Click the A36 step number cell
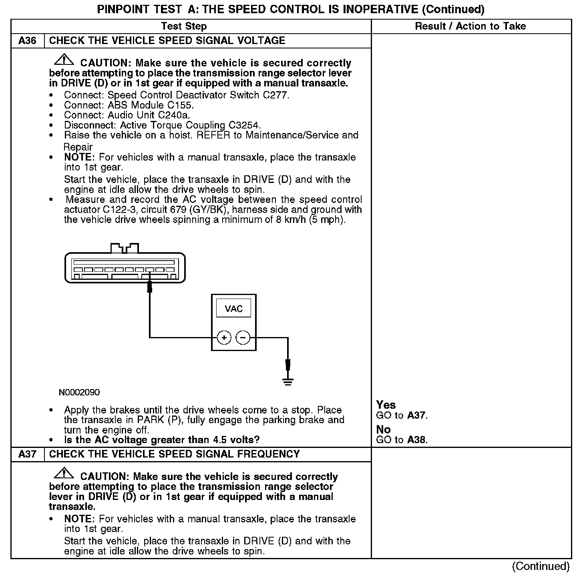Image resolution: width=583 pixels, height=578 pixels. [27, 41]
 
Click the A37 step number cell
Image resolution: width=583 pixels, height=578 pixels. [27, 454]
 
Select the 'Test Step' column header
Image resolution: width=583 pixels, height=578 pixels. [184, 26]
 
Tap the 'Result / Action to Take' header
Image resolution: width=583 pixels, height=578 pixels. [470, 26]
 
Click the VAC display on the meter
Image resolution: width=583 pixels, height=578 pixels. [234, 309]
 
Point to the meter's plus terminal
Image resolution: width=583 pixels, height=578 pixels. [224, 338]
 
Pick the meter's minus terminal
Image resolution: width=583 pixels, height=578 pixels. [243, 338]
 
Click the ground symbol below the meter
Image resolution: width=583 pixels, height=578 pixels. [287, 381]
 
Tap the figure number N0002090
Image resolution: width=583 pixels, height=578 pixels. [79, 392]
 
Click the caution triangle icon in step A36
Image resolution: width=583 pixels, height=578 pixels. [64, 60]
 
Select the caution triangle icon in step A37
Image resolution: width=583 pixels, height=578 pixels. [64, 474]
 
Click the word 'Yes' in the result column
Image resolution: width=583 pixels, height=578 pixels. [386, 405]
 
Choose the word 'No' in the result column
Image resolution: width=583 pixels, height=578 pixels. [383, 429]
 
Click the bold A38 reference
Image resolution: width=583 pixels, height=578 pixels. [417, 440]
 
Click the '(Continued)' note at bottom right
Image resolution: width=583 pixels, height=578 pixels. [541, 566]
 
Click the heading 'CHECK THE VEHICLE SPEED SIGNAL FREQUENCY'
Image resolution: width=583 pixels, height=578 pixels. [174, 454]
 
